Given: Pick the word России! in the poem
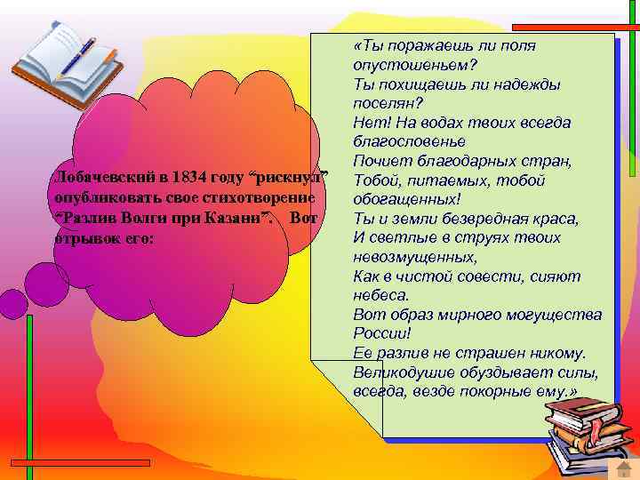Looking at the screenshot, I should [x=382, y=334].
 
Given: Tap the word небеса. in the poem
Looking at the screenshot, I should [x=381, y=295].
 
